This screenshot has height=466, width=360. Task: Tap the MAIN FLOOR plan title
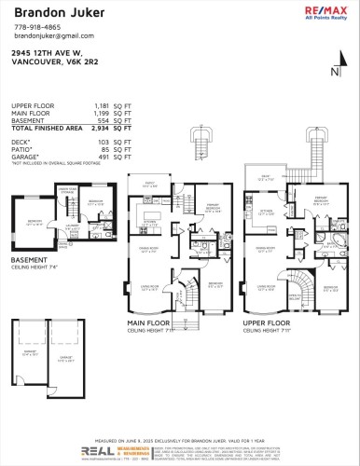click(x=148, y=322)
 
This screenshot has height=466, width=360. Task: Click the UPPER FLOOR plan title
click(x=265, y=322)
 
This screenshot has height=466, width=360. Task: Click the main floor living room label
click(x=149, y=289)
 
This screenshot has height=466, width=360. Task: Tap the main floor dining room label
click(x=149, y=248)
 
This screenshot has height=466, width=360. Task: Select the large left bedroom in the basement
click(x=34, y=224)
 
